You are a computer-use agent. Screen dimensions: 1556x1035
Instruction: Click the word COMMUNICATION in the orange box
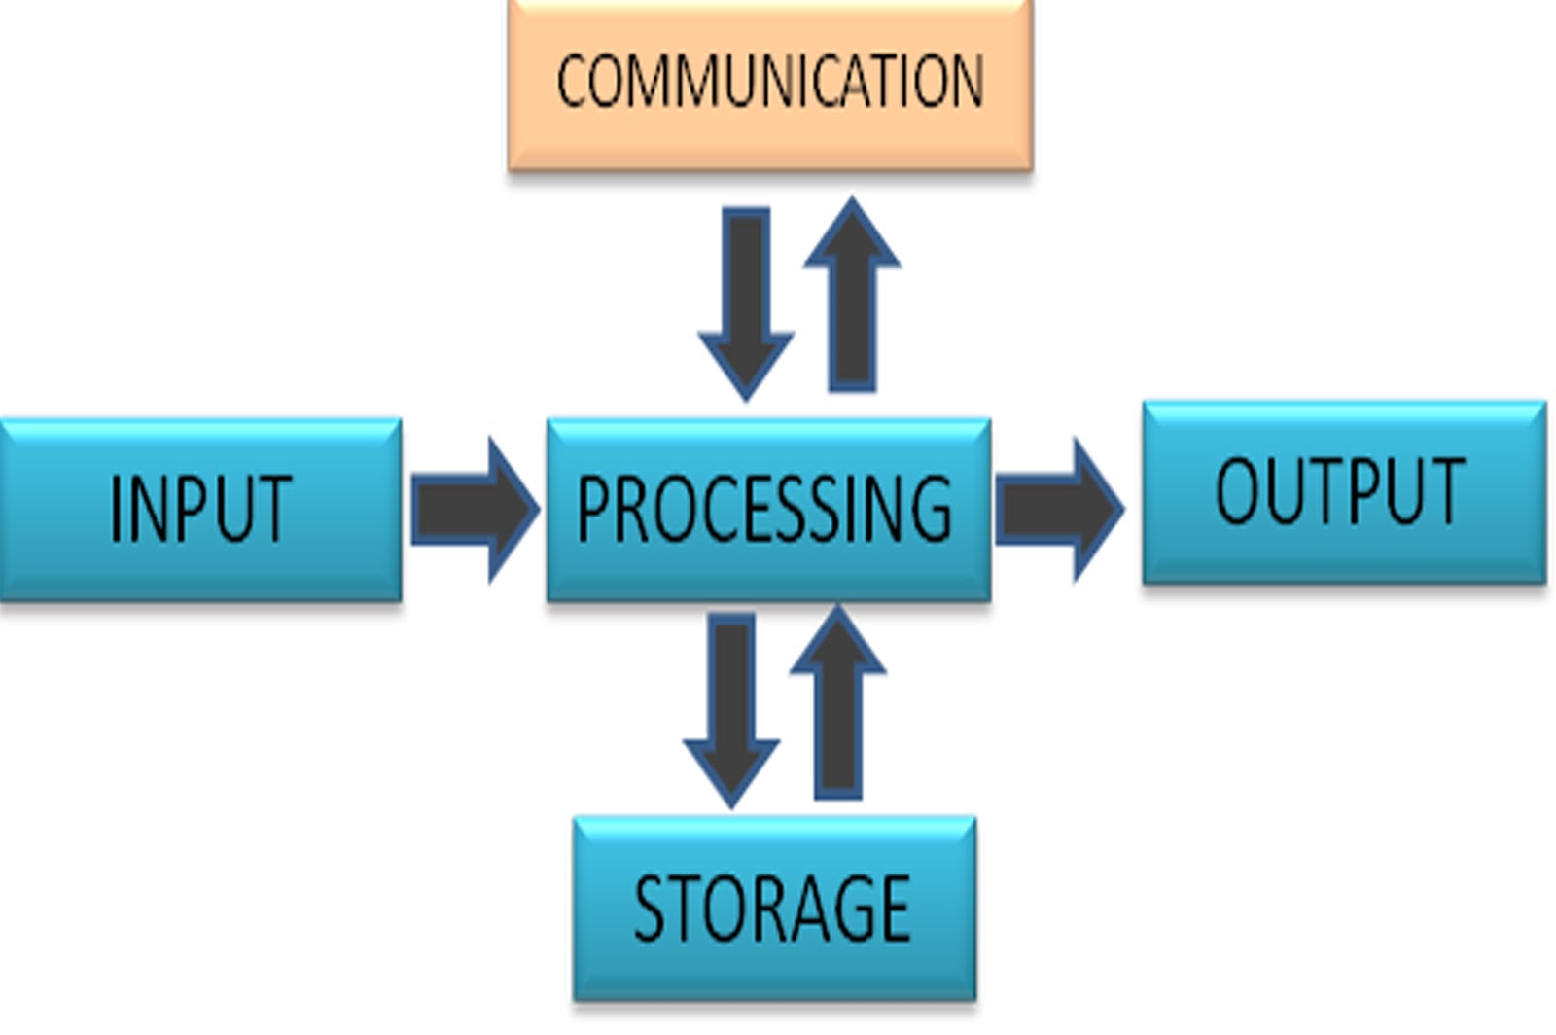(x=770, y=81)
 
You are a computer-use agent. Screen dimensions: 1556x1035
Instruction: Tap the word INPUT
(x=200, y=508)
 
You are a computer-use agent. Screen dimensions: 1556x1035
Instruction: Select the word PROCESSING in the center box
(x=764, y=508)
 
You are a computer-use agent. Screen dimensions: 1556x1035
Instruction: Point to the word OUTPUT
(x=1340, y=491)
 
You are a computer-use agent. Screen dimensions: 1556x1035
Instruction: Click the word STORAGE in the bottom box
(x=772, y=908)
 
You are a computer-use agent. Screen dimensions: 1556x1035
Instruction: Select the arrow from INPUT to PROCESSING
(x=476, y=510)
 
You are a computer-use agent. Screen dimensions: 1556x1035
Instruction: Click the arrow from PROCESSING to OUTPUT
(x=1060, y=510)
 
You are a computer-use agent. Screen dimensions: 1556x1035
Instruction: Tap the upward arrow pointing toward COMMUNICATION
(x=852, y=295)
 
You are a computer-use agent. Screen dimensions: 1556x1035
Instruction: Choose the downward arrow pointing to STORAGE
(x=731, y=711)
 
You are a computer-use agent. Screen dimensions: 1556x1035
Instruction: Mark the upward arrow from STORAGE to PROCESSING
(x=837, y=701)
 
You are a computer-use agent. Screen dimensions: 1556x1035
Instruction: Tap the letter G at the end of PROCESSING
(x=932, y=508)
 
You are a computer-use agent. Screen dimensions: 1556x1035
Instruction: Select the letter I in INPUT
(x=116, y=509)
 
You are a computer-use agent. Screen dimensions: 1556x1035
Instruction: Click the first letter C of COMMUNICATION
(x=573, y=82)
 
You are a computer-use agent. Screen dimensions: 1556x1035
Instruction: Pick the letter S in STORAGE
(x=651, y=909)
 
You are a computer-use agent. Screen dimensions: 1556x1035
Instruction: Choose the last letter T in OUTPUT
(x=1446, y=492)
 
